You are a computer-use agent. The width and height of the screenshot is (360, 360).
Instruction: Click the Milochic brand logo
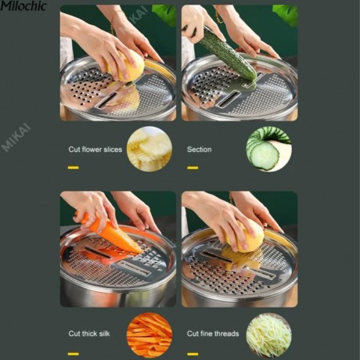23,5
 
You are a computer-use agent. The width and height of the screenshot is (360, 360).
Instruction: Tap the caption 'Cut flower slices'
95,149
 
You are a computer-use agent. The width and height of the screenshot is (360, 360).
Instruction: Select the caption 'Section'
199,149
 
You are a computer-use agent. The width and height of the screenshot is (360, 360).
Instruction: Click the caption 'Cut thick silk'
89,333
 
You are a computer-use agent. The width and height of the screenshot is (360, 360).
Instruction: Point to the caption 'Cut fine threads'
213,333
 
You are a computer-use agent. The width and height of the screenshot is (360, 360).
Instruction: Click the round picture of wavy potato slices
149,149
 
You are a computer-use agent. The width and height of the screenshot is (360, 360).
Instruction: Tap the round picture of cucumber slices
269,149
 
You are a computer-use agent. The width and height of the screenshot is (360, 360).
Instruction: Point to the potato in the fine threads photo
247,236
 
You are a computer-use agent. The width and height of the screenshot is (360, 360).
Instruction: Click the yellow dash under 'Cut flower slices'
74,167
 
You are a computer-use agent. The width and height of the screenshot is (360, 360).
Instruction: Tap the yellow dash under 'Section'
193,167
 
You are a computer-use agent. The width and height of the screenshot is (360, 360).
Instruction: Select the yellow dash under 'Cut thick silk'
74,354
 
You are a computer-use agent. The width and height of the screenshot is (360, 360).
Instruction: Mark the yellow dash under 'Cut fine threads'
193,354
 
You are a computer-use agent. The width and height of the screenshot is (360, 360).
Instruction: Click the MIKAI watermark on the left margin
16,139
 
